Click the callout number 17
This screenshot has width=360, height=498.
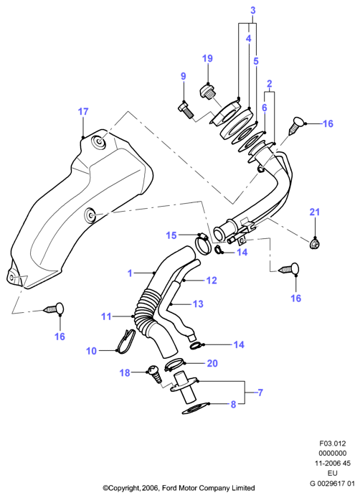83,112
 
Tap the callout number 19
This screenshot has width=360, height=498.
207,58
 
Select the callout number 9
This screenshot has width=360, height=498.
183,76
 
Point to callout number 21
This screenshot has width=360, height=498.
315,212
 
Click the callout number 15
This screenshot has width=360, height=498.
171,235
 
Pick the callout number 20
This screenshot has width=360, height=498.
212,363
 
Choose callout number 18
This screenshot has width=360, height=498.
125,372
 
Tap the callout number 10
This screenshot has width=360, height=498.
91,351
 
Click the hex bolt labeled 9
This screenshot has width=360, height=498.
186,111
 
